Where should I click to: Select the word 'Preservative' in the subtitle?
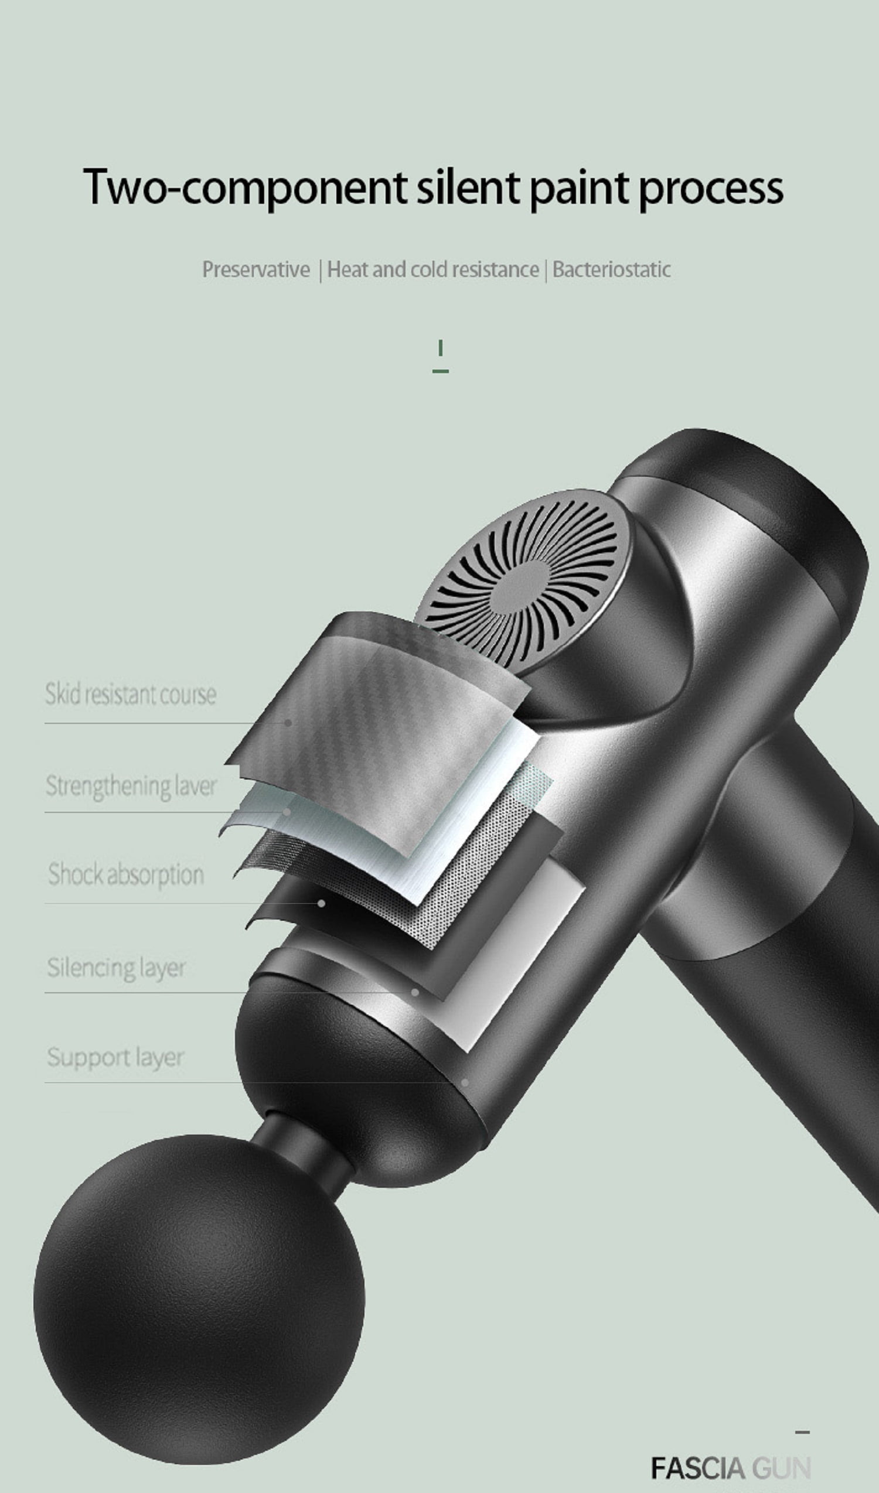point(256,269)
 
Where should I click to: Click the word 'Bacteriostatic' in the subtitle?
point(612,269)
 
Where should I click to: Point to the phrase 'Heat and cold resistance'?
point(432,269)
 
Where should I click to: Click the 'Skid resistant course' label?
point(131,693)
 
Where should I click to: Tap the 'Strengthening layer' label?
point(131,785)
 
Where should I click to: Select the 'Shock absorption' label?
point(125,874)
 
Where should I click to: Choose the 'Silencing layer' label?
point(116,968)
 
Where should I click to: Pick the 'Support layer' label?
point(115,1057)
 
